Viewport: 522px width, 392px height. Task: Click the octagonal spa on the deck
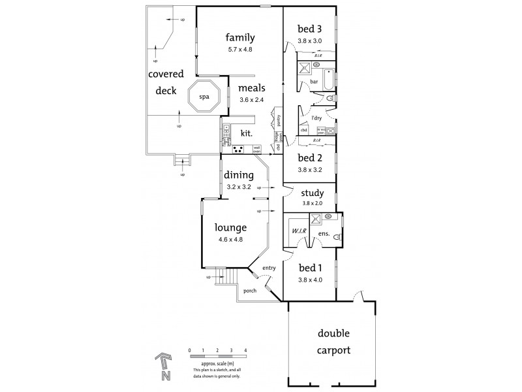(x=204, y=97)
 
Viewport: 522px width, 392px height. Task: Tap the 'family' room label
(x=240, y=37)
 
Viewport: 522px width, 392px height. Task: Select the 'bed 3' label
(x=310, y=29)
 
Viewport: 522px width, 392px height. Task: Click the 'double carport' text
(x=334, y=341)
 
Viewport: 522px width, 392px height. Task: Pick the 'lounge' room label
(x=231, y=228)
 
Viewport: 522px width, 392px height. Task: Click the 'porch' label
(x=249, y=291)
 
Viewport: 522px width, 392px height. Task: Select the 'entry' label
(x=269, y=268)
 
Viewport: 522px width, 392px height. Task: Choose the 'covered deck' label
(x=166, y=82)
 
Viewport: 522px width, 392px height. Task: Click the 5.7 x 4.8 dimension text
(x=240, y=50)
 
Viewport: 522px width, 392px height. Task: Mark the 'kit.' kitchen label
(x=247, y=133)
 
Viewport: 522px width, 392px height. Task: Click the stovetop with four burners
(x=238, y=150)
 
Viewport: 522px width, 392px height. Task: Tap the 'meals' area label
(x=251, y=88)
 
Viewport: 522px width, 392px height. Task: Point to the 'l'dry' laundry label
(x=317, y=118)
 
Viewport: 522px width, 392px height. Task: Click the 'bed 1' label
(x=310, y=267)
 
